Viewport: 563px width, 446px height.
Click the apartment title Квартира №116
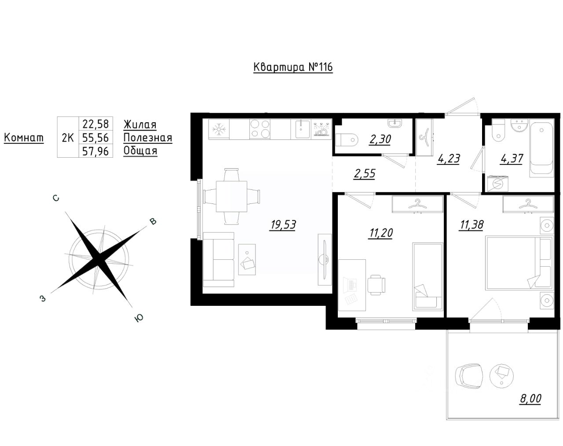click(x=293, y=67)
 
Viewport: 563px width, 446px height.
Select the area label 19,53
click(x=283, y=225)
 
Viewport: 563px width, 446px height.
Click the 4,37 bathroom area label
click(x=512, y=158)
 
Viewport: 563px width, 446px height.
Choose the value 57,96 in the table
click(x=95, y=151)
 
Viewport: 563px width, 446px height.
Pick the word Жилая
click(x=140, y=125)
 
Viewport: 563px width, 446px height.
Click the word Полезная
click(x=148, y=138)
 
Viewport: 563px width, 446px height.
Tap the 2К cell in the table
click(x=67, y=138)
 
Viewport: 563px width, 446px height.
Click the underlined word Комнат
click(x=24, y=138)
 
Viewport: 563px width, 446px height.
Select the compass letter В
click(x=153, y=221)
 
